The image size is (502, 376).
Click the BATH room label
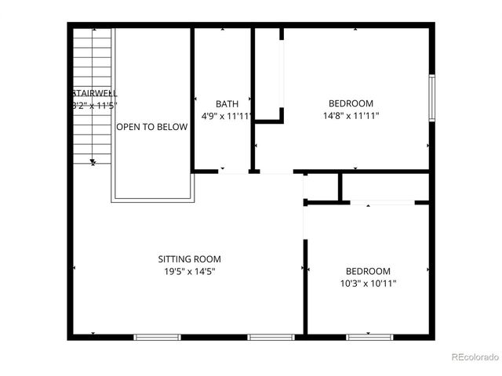point(227,104)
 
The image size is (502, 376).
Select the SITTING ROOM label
point(189,259)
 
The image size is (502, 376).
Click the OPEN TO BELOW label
point(152,127)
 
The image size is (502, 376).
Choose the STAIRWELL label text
point(95,93)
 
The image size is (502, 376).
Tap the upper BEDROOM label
point(351,103)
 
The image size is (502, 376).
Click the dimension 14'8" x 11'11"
point(351,117)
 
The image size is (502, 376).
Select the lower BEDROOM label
point(368,271)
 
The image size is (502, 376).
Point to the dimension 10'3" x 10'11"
point(367,284)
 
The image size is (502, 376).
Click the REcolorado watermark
point(475,357)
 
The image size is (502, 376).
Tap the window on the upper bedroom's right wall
point(431,98)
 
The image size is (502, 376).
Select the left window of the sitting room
point(157,337)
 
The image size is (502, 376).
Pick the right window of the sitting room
point(271,337)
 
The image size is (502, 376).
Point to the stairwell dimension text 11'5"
point(102,105)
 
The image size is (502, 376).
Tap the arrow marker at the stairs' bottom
point(93,162)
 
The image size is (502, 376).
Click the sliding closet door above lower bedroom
point(382,202)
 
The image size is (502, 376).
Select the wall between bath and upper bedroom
point(253,98)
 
